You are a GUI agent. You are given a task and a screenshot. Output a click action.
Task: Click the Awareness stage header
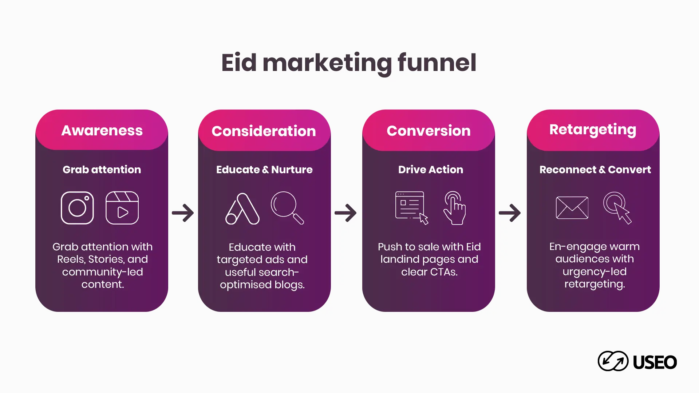102,130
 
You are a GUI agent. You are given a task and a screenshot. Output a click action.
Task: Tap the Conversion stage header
429,131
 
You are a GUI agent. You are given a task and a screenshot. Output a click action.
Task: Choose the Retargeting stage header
593,130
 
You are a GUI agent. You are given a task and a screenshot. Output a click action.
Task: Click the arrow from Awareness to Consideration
183,213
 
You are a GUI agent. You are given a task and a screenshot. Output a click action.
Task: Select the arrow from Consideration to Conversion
345,213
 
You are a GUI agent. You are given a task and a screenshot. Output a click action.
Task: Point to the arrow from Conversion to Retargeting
510,213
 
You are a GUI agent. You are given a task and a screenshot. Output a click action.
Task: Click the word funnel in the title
437,63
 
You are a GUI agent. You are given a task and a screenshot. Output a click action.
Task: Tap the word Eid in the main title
239,63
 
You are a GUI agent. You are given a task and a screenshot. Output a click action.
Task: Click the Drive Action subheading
431,170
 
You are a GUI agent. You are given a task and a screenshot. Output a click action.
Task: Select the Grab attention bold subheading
102,170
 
